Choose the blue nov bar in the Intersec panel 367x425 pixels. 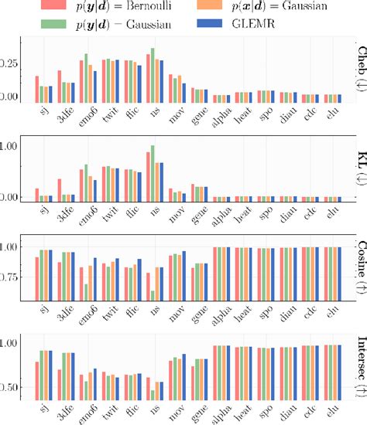183,377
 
